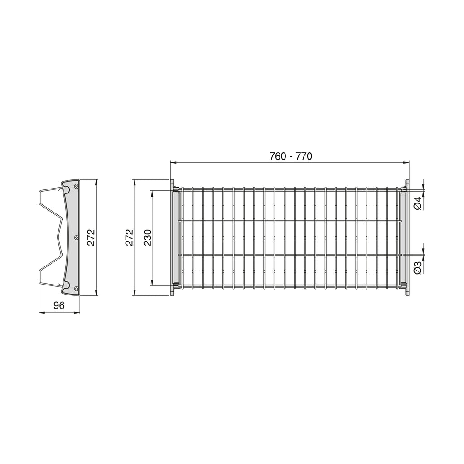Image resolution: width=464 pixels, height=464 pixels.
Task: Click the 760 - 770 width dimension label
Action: pos(290,156)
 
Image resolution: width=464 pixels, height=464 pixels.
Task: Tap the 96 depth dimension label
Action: pos(59,305)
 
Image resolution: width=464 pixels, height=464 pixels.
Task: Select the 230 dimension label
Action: pos(148,237)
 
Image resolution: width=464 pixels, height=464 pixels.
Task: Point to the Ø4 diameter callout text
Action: pos(417,203)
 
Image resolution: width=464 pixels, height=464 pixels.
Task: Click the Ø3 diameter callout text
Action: pos(417,267)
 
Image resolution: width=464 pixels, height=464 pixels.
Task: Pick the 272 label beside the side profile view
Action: pos(91,237)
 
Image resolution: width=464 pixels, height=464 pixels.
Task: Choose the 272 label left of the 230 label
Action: pos(129,237)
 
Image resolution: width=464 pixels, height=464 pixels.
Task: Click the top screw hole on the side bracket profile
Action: pos(77,186)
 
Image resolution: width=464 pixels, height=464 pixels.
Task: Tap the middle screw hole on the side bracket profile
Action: pos(76,237)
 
